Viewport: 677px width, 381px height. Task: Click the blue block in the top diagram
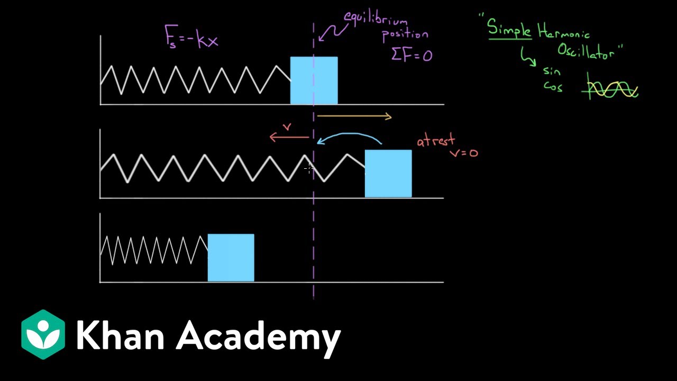[x=314, y=80]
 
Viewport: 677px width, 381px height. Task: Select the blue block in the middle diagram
[x=388, y=174]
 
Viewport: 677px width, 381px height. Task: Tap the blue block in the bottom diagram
[x=231, y=258]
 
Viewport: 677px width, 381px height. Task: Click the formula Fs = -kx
[x=191, y=37]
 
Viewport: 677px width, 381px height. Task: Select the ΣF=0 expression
[x=412, y=55]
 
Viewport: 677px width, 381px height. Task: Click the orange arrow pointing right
[x=354, y=116]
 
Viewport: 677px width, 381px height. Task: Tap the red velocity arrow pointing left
[x=289, y=137]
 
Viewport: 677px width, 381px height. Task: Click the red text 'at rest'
[x=436, y=140]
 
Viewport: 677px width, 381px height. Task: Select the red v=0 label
[x=464, y=153]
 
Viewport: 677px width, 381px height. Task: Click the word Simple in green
[x=509, y=29]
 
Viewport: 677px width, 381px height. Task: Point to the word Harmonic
[x=564, y=31]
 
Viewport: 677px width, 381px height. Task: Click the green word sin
[x=552, y=71]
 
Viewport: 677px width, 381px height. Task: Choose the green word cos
[x=553, y=87]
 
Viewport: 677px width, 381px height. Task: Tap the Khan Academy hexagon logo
[x=43, y=334]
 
